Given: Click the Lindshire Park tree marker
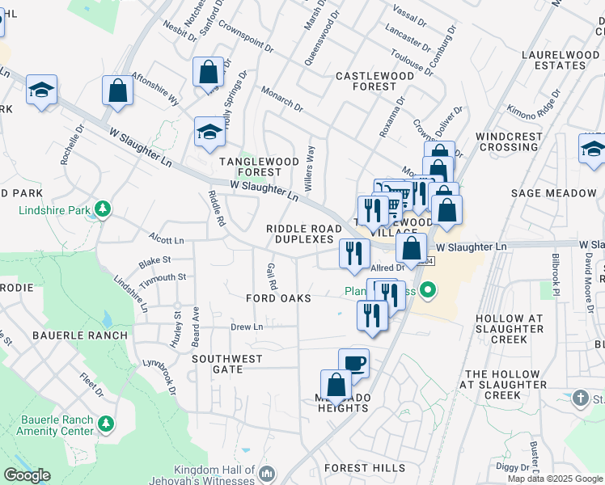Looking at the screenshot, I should [x=103, y=210].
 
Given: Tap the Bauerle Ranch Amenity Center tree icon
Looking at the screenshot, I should [x=104, y=423].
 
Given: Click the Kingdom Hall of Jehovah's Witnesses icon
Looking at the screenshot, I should [x=269, y=473].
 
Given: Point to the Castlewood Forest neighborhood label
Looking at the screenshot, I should [x=374, y=81].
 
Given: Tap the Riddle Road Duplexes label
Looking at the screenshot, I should [x=304, y=234].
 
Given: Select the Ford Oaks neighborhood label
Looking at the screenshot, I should [x=279, y=298].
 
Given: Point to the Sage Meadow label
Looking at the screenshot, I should [x=553, y=193].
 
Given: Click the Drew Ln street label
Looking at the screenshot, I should [x=247, y=327].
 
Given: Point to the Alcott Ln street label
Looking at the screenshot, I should [x=167, y=240].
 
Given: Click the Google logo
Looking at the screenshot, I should [x=27, y=475].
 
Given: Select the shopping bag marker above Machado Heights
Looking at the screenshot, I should [x=336, y=385].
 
